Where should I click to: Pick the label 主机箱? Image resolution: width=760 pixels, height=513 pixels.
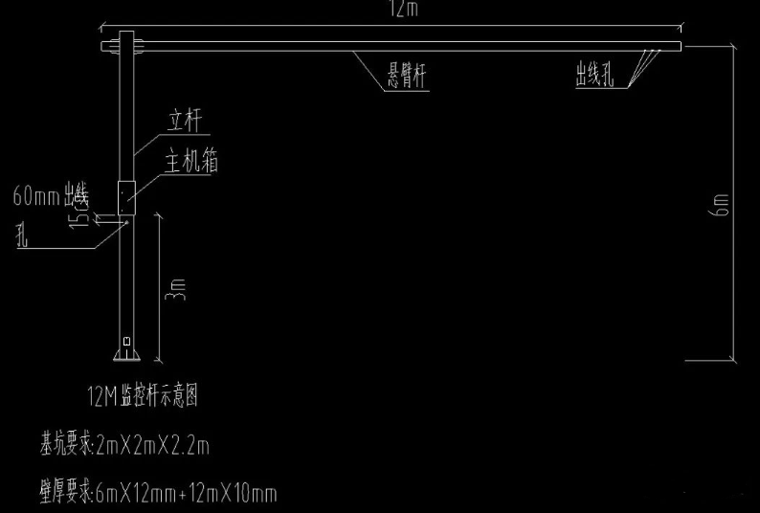(x=192, y=162)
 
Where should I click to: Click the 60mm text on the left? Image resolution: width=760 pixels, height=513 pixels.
(x=36, y=198)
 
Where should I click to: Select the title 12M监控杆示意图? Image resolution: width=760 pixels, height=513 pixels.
(x=142, y=394)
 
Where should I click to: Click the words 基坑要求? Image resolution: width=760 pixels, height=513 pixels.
(x=65, y=444)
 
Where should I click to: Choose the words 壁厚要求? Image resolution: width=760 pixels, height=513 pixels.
(x=65, y=494)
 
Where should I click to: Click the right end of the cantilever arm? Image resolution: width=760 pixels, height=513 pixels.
(x=679, y=45)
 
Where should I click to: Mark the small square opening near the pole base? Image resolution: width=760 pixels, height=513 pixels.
(x=126, y=339)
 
